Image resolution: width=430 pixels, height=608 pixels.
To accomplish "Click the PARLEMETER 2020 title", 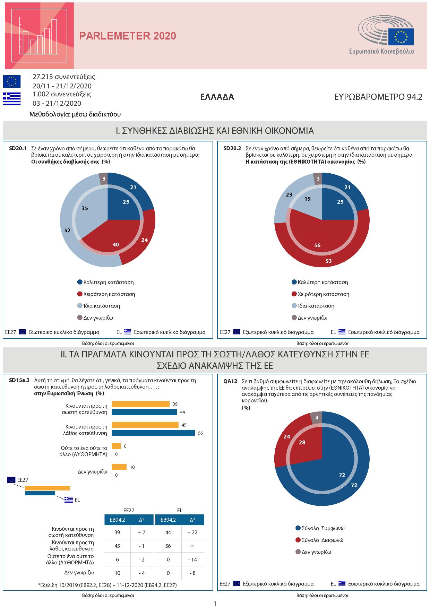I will point(128,36).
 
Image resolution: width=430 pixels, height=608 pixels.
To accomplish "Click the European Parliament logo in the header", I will point(386,36).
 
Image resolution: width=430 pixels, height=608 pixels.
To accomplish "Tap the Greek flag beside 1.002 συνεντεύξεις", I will point(12,98).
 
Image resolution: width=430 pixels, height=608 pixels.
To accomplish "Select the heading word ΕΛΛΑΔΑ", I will point(217,97).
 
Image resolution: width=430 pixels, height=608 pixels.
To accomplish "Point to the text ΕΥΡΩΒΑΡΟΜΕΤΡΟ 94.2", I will point(378,97).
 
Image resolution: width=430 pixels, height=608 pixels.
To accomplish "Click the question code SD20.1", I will point(18,148).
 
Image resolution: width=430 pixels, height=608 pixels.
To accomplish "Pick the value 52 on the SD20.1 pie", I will point(67,230).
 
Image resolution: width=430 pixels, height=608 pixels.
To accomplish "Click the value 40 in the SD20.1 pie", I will point(116,244).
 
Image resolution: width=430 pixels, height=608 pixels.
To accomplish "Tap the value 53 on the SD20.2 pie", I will point(329,261).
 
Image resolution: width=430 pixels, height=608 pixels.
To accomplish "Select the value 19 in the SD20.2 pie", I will point(307,199).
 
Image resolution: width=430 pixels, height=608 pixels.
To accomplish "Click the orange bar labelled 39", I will point(140,404).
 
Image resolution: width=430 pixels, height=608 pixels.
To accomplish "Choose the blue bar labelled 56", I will point(153,433).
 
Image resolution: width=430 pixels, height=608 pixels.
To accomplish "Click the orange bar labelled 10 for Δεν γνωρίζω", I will point(119,467).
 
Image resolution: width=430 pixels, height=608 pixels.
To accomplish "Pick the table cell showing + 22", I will point(192,532).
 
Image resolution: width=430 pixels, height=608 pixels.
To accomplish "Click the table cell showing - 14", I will point(192,559).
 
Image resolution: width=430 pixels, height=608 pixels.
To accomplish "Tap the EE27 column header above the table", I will point(129,511).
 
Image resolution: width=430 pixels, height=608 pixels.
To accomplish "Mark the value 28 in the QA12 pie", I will point(302,442).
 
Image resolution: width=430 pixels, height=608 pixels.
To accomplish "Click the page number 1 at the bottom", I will point(215,603).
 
